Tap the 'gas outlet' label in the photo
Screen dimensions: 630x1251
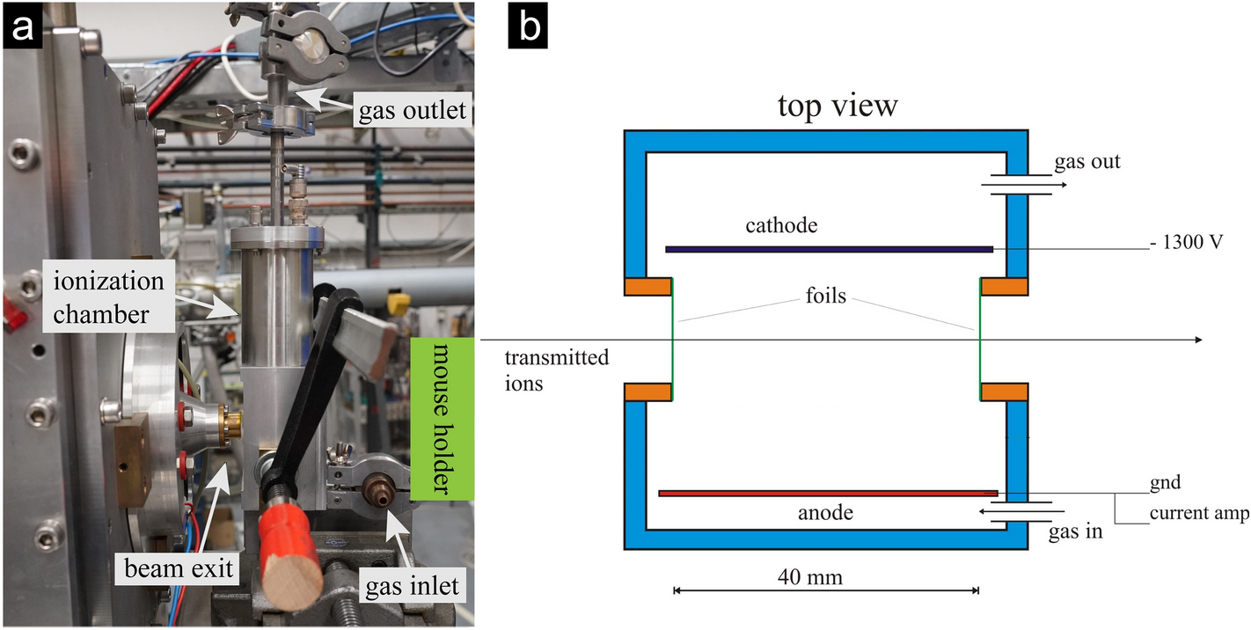pos(413,113)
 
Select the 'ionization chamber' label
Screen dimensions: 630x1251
pos(107,297)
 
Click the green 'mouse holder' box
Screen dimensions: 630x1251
pos(442,420)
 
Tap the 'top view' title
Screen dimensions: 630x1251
pos(837,105)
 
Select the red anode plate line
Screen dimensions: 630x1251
pos(827,493)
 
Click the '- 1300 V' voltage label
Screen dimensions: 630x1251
pos(1186,242)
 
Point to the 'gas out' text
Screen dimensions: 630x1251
pos(1086,162)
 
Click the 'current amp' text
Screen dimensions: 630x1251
pos(1197,513)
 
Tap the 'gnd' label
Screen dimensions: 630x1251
pos(1164,482)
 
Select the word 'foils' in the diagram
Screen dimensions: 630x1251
pos(825,296)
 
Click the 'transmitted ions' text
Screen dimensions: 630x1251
pos(556,370)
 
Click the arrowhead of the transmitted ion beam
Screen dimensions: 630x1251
pos(1197,340)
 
